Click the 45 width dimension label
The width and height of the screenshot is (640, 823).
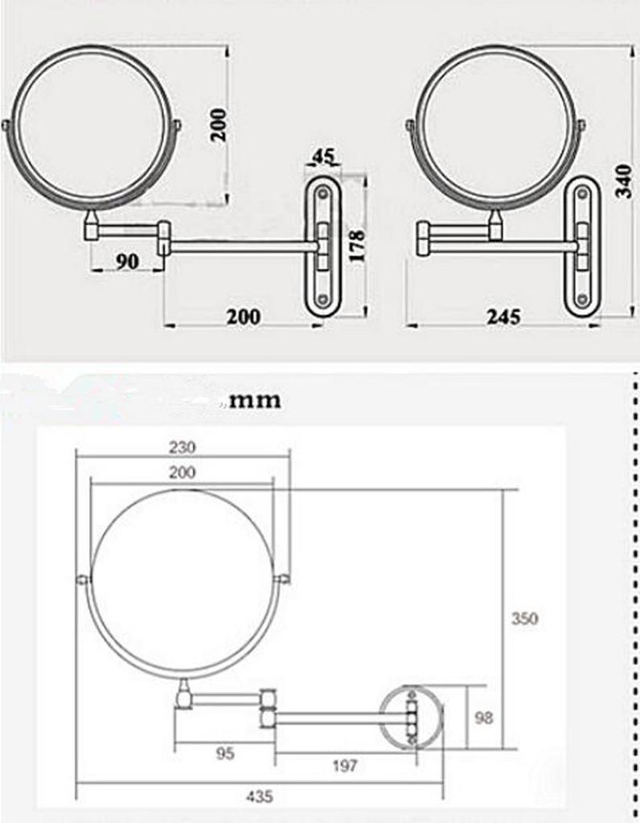coord(323,156)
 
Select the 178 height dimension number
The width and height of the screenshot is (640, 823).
coord(358,245)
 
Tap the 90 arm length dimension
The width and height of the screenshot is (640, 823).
coord(126,261)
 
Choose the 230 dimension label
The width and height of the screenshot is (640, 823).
coord(183,447)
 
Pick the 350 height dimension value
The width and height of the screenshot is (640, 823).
coord(524,619)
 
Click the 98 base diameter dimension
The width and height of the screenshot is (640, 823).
coord(483,718)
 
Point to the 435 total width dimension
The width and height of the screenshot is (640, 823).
coord(259,797)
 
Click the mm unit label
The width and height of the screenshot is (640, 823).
coord(255,399)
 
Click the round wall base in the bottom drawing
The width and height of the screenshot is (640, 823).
coord(412,716)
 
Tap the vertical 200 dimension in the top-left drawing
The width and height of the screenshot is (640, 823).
coord(218,124)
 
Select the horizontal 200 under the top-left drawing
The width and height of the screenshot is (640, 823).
coord(242,316)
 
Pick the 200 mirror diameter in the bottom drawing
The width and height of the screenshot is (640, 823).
coord(183,473)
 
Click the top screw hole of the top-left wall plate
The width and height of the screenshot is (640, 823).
coord(322,193)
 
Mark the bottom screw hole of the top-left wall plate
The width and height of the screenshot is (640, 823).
coord(322,298)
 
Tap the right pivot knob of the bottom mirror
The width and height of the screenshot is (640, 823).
coord(282,579)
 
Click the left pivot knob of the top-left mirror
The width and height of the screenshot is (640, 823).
coord(6,125)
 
